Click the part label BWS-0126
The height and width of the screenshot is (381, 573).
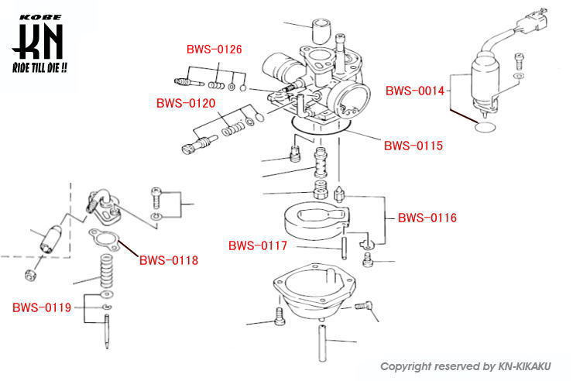(214, 50)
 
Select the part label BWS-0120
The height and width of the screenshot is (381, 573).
(185, 102)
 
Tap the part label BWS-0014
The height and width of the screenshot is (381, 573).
(415, 91)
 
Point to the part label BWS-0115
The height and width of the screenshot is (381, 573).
(413, 145)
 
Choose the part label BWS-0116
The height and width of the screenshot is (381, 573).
(427, 218)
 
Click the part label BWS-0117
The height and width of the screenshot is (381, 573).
(257, 246)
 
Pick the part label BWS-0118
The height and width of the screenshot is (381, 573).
(168, 260)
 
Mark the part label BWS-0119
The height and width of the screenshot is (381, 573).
(41, 307)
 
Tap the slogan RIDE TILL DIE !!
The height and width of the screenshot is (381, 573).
(39, 68)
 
